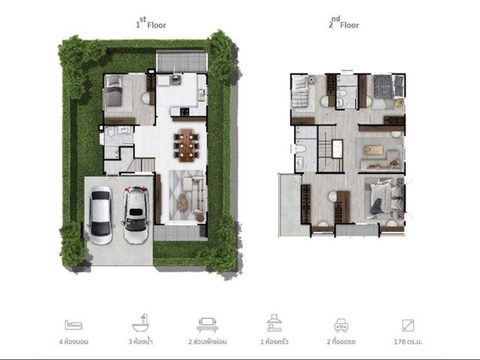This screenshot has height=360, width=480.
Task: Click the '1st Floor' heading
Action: pyautogui.click(x=151, y=22)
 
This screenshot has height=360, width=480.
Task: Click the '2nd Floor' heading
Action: pyautogui.click(x=343, y=22)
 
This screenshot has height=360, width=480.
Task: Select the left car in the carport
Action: pyautogui.click(x=100, y=214)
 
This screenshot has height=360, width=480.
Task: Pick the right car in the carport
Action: pyautogui.click(x=136, y=215)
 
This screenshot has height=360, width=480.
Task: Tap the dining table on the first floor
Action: pyautogui.click(x=187, y=145)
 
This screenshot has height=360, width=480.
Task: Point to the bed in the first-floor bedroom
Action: pyautogui.click(x=113, y=91)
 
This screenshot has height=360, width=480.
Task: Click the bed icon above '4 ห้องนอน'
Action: pyautogui.click(x=73, y=325)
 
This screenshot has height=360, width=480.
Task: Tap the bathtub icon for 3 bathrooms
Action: pyautogui.click(x=140, y=323)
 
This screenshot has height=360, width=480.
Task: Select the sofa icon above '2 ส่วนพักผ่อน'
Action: pyautogui.click(x=207, y=325)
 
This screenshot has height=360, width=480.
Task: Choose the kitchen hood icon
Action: pyautogui.click(x=274, y=323)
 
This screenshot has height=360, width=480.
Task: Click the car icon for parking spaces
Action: pyautogui.click(x=341, y=325)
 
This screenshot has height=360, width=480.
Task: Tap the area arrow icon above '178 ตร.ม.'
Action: pyautogui.click(x=408, y=325)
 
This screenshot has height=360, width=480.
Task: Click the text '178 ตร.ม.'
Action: pyautogui.click(x=408, y=342)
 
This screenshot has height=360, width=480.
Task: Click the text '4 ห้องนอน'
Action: pyautogui.click(x=73, y=342)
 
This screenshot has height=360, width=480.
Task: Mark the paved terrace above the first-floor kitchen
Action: pyautogui.click(x=181, y=61)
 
